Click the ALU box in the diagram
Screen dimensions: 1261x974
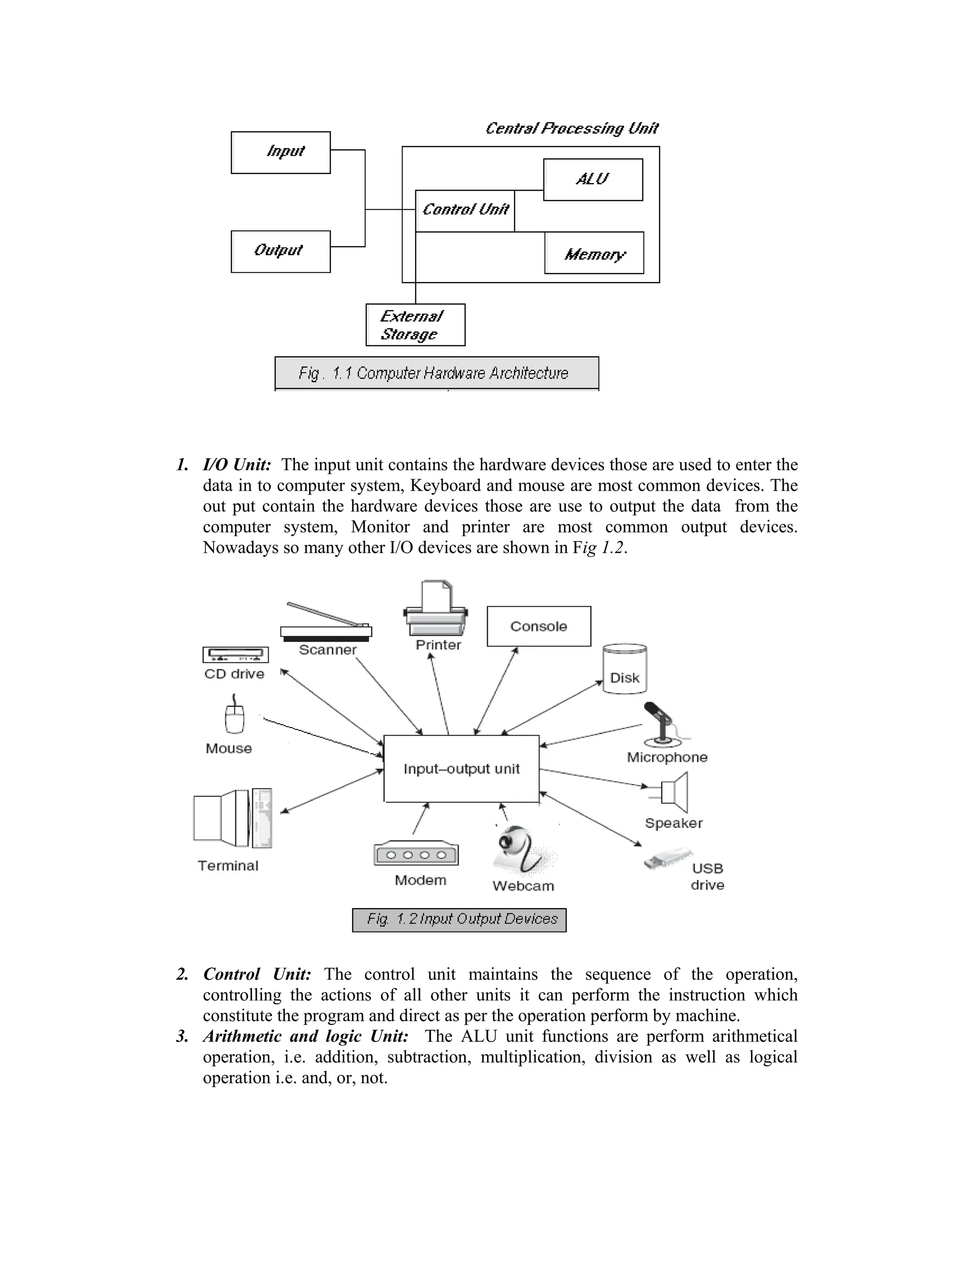593,179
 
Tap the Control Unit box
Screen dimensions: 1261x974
465,210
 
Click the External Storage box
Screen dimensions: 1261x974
416,325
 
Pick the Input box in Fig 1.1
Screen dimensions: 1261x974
281,152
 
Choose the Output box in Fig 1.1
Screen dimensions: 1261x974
281,251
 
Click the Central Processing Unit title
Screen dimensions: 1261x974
571,128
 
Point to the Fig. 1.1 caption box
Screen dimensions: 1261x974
436,373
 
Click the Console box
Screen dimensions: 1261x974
538,627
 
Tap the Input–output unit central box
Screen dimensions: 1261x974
461,768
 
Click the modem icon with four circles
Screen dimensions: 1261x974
416,855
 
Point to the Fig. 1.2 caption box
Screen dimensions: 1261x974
459,920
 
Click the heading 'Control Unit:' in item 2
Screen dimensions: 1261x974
257,975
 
